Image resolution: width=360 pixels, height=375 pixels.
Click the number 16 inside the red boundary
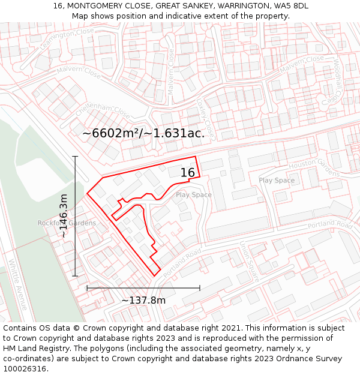(x=188, y=173)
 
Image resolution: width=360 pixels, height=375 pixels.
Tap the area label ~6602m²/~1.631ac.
(x=143, y=133)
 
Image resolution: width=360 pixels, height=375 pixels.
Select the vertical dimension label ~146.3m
(x=64, y=216)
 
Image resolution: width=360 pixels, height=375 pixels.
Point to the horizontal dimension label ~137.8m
(x=143, y=300)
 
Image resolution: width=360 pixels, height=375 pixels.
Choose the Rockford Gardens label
(x=67, y=223)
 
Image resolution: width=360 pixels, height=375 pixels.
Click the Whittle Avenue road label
(x=17, y=284)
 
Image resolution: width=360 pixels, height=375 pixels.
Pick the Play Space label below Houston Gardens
(x=277, y=180)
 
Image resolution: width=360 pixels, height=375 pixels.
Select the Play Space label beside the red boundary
(x=193, y=194)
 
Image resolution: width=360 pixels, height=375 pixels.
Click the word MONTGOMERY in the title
(x=98, y=6)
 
